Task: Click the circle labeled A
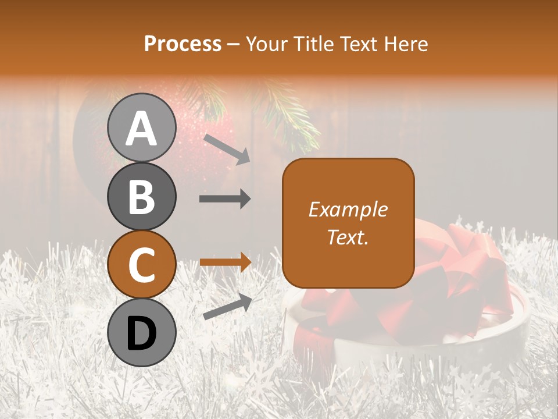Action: (142, 128)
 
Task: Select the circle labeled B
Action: (142, 197)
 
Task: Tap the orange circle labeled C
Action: (142, 265)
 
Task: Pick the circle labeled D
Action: (142, 333)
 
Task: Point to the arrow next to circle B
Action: (225, 199)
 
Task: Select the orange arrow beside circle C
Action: (225, 262)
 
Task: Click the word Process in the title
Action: (183, 44)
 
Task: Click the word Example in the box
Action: (348, 210)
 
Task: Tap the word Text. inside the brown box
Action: (348, 237)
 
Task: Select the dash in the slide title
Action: (233, 44)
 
